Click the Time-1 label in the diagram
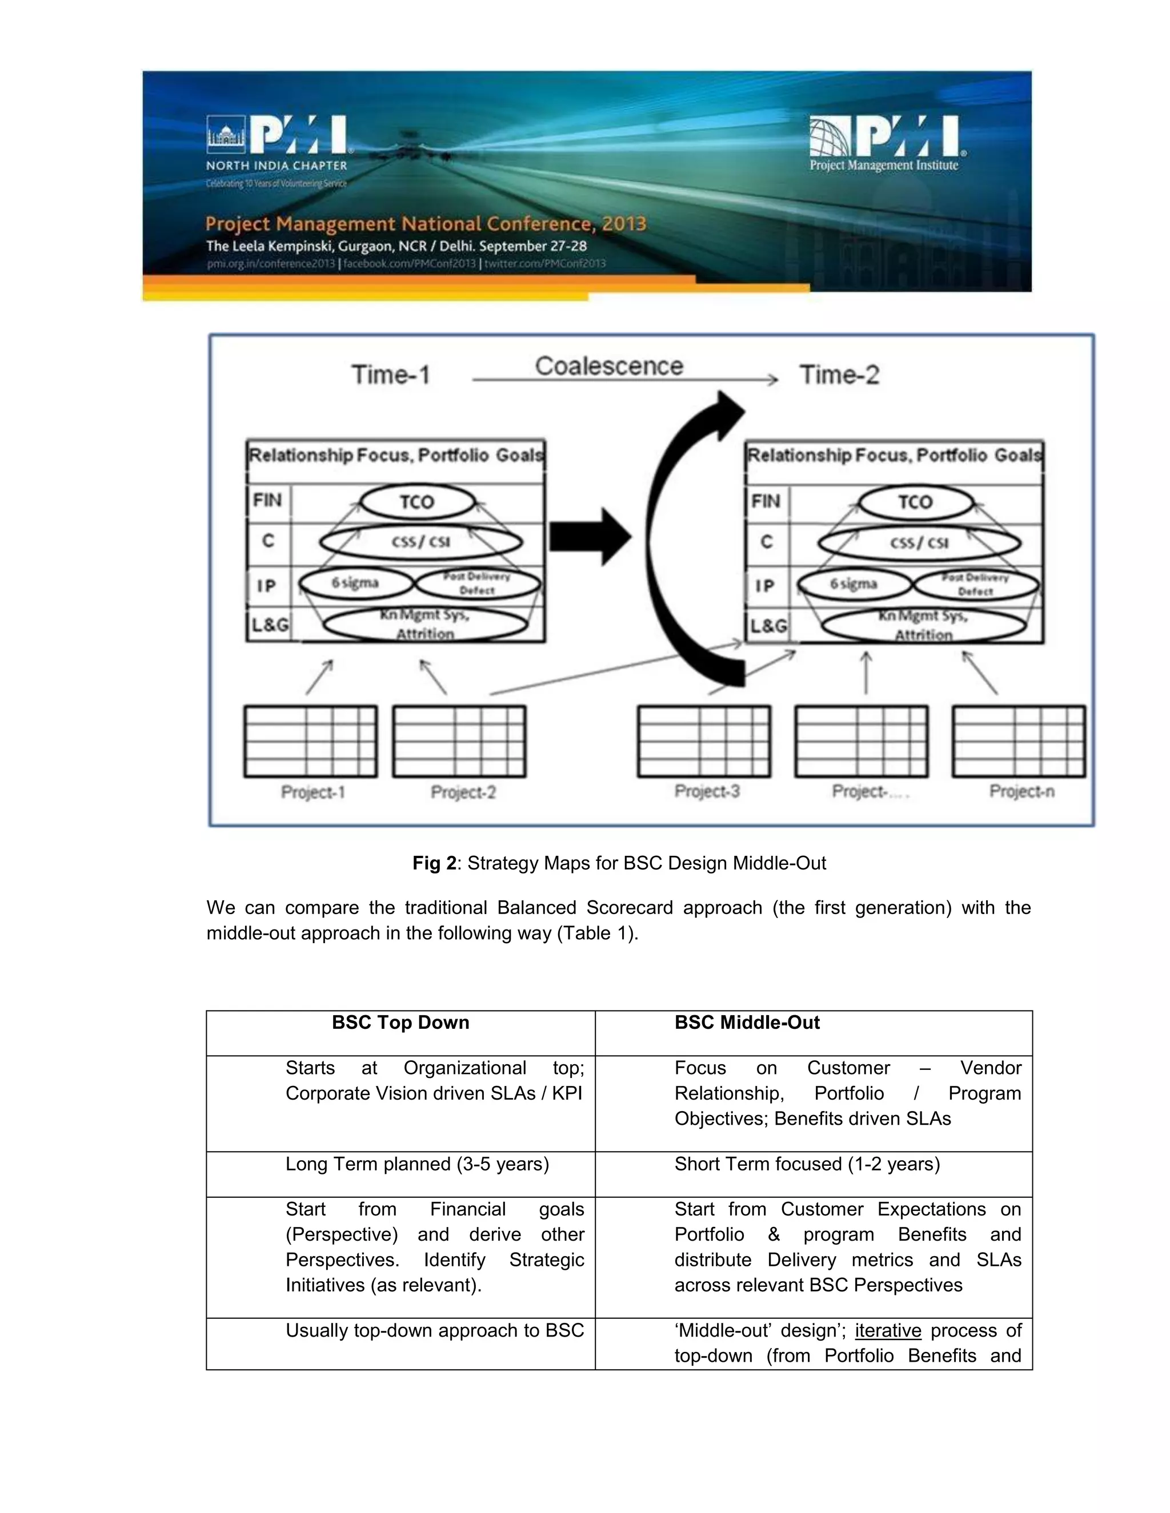pos(391,375)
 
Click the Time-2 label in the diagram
pos(839,375)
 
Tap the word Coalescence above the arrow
pos(608,366)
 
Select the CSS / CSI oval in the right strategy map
pos(919,542)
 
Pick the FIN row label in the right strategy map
pos(765,501)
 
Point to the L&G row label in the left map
pos(270,625)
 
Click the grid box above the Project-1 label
pos(311,741)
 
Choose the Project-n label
pos(1021,791)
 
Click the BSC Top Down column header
pos(400,1023)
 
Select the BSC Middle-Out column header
pos(747,1023)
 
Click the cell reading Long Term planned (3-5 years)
pos(416,1164)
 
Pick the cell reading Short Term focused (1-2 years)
pos(807,1164)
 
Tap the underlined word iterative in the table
pos(887,1330)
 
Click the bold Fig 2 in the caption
pos(434,863)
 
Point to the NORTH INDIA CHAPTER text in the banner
pos(277,166)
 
